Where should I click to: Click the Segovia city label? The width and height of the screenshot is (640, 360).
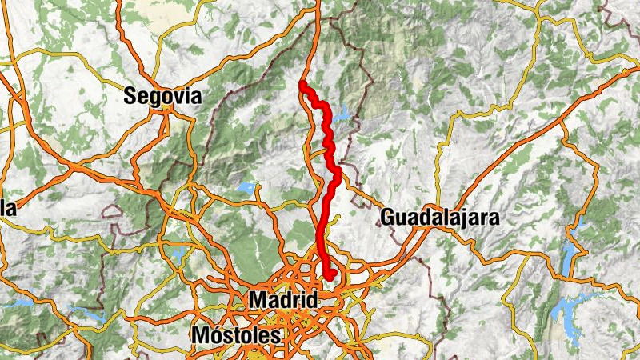coord(162,97)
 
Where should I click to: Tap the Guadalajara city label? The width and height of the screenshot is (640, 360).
coord(440,217)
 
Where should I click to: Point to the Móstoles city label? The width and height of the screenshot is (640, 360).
coord(237,335)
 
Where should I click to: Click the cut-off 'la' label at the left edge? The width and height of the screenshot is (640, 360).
coord(8,209)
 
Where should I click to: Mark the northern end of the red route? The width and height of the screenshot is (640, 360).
coord(302,83)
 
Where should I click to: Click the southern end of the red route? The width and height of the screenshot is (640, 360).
coord(330,277)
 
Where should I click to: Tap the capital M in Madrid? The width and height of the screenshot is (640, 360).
coord(258,300)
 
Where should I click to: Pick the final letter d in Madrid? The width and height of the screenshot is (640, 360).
coord(312,300)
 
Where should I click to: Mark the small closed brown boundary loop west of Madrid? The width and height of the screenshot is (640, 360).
coord(112,211)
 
